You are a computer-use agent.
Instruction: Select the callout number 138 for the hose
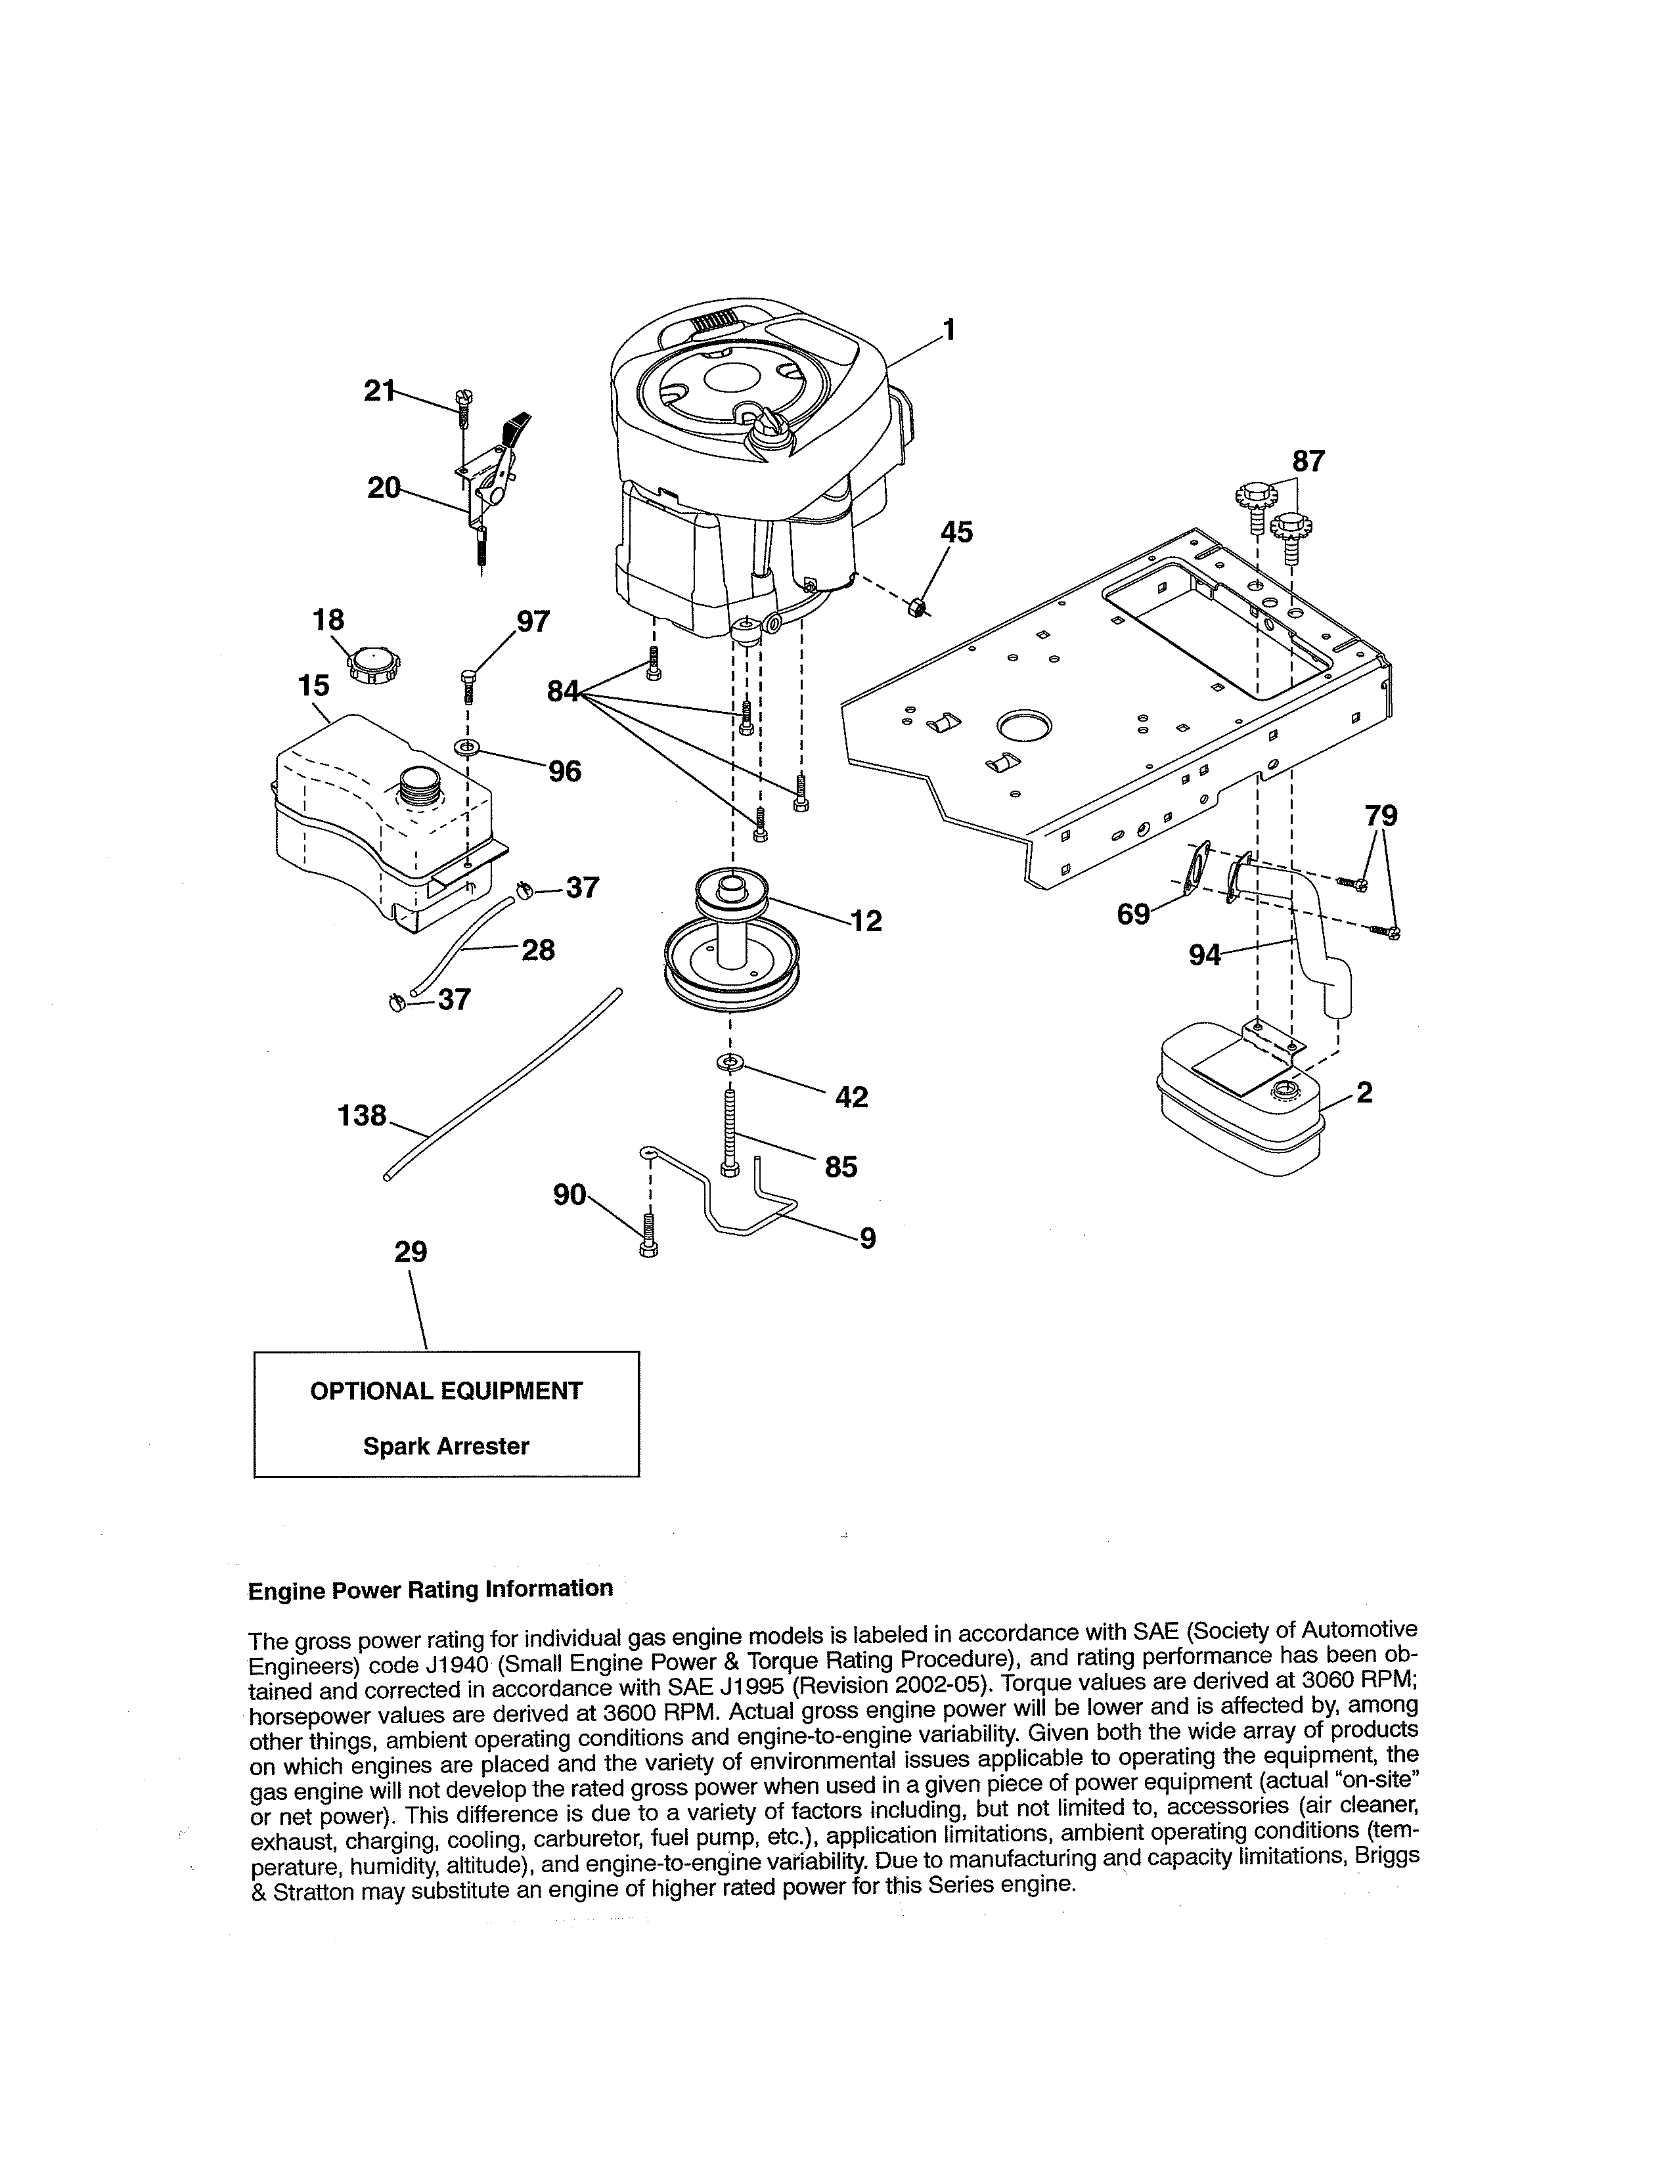(362, 1116)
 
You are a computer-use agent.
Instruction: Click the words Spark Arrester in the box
(445, 1447)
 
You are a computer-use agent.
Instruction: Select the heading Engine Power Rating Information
(430, 1590)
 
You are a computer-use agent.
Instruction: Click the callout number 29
(411, 1252)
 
